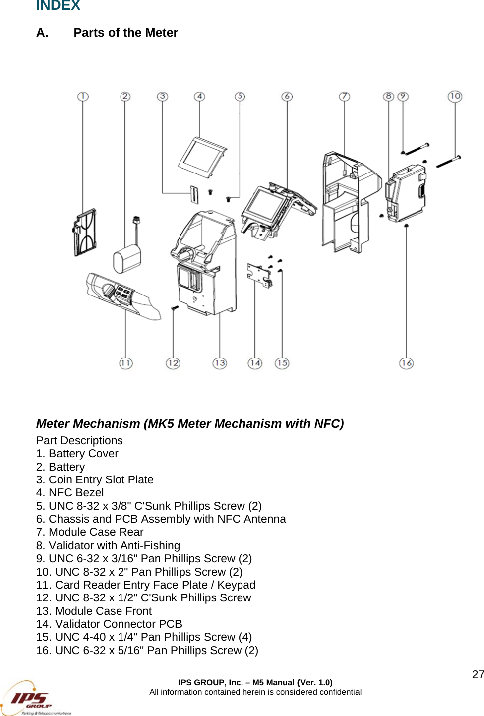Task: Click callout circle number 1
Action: (83, 96)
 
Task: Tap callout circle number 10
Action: (455, 96)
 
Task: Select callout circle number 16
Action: (406, 363)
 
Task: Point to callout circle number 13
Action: (220, 363)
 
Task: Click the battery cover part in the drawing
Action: (85, 233)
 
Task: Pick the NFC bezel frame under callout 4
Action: (202, 157)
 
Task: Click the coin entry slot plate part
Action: (193, 195)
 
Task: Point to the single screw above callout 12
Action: (175, 309)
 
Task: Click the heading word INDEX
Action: (58, 5)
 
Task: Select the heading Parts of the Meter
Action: (125, 33)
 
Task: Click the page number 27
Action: (478, 674)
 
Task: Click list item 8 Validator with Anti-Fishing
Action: (108, 545)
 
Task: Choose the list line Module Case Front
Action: (94, 611)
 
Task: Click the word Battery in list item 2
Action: (67, 467)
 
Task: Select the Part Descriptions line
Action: (79, 440)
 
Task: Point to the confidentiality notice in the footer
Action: (255, 692)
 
